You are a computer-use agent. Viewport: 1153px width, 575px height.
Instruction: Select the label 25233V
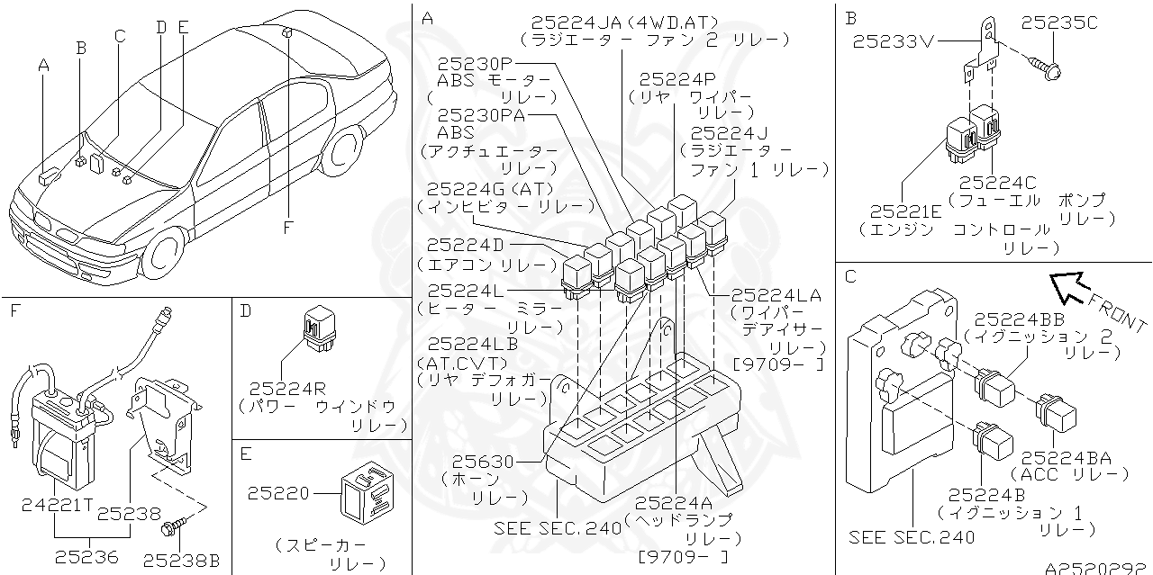click(896, 40)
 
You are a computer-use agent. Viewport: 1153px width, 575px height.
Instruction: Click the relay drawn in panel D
click(318, 326)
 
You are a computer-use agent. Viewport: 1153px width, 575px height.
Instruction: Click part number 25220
click(278, 493)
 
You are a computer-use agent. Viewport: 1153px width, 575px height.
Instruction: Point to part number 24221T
click(57, 505)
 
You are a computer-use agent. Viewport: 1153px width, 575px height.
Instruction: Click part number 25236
click(86, 557)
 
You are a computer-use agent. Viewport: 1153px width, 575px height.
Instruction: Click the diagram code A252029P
click(1097, 568)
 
